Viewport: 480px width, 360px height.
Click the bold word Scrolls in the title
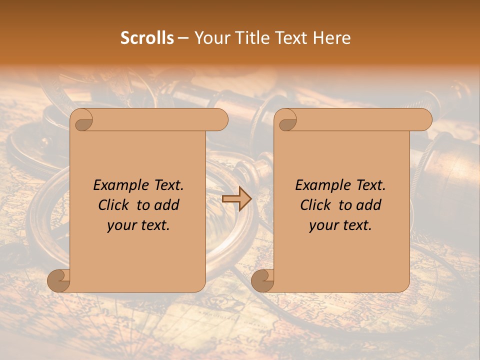[x=147, y=38]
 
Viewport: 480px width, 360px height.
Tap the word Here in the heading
[x=331, y=38]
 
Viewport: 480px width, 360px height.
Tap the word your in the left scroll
[x=121, y=225]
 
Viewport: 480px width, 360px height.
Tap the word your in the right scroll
[x=323, y=225]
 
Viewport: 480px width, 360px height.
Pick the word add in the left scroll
[x=166, y=205]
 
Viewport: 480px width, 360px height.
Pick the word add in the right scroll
[x=368, y=205]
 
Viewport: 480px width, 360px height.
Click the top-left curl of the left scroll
[x=82, y=120]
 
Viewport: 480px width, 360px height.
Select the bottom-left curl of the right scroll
[x=262, y=280]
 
